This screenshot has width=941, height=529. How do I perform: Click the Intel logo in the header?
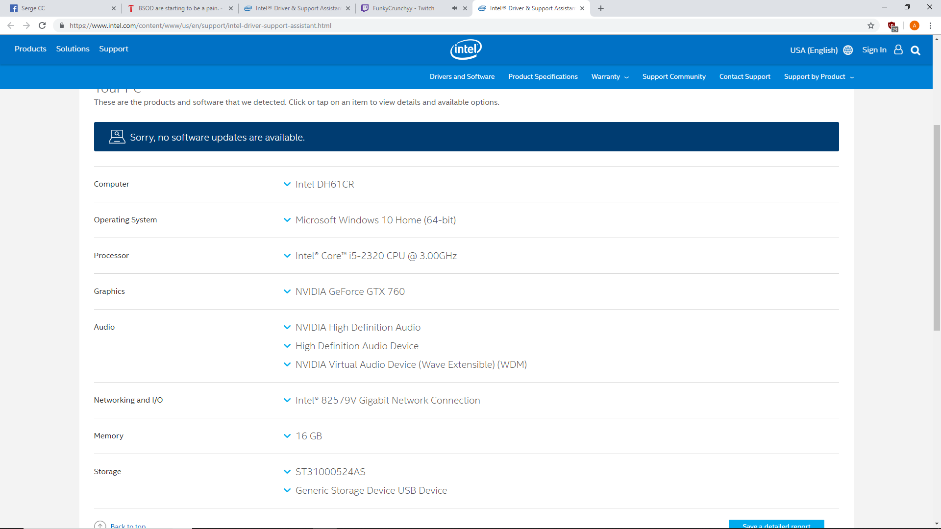(466, 49)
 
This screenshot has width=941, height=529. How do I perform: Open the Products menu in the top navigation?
(30, 49)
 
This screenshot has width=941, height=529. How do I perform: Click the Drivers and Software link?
(462, 77)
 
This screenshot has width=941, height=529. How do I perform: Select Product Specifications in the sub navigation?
(543, 77)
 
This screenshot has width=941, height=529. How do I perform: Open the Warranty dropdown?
(610, 77)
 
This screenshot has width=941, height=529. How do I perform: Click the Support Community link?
(674, 77)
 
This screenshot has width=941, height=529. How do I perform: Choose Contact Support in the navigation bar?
(745, 77)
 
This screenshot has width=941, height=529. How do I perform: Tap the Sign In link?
(874, 50)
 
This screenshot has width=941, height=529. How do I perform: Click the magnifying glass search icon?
(916, 50)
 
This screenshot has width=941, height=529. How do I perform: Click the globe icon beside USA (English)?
(848, 50)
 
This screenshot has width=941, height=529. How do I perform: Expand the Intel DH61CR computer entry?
(324, 184)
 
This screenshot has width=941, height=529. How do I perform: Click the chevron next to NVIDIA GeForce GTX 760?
(287, 291)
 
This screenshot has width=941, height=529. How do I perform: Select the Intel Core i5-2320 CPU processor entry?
(376, 256)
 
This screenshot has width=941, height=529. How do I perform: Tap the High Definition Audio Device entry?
(357, 346)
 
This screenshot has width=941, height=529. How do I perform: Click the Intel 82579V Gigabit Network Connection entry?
(388, 400)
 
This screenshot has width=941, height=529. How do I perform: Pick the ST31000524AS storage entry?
(330, 472)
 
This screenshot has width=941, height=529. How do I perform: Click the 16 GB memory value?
(309, 436)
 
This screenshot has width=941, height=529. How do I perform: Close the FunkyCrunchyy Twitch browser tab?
(465, 8)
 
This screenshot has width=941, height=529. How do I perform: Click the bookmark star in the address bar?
(871, 25)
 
